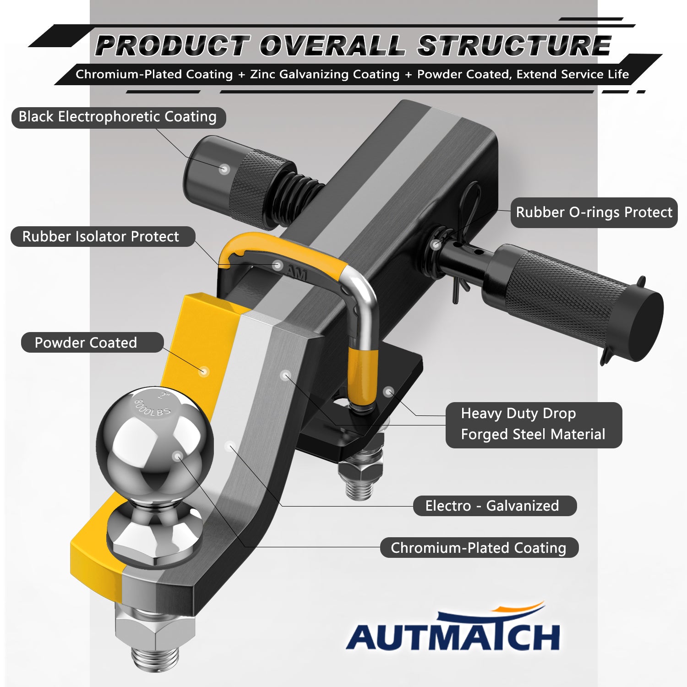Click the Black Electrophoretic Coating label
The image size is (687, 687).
[x=118, y=117]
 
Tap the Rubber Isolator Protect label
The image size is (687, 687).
[x=103, y=237]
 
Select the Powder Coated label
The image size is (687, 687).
[x=92, y=343]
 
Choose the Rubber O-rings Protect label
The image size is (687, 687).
[x=594, y=213]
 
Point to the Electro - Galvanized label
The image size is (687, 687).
[x=495, y=506]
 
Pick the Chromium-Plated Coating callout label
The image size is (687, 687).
[x=479, y=548]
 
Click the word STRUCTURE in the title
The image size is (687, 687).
[x=514, y=46]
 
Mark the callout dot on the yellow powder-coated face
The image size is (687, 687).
[x=204, y=371]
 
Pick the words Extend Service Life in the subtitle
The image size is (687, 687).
[x=572, y=74]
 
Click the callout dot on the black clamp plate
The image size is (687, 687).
[x=388, y=392]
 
